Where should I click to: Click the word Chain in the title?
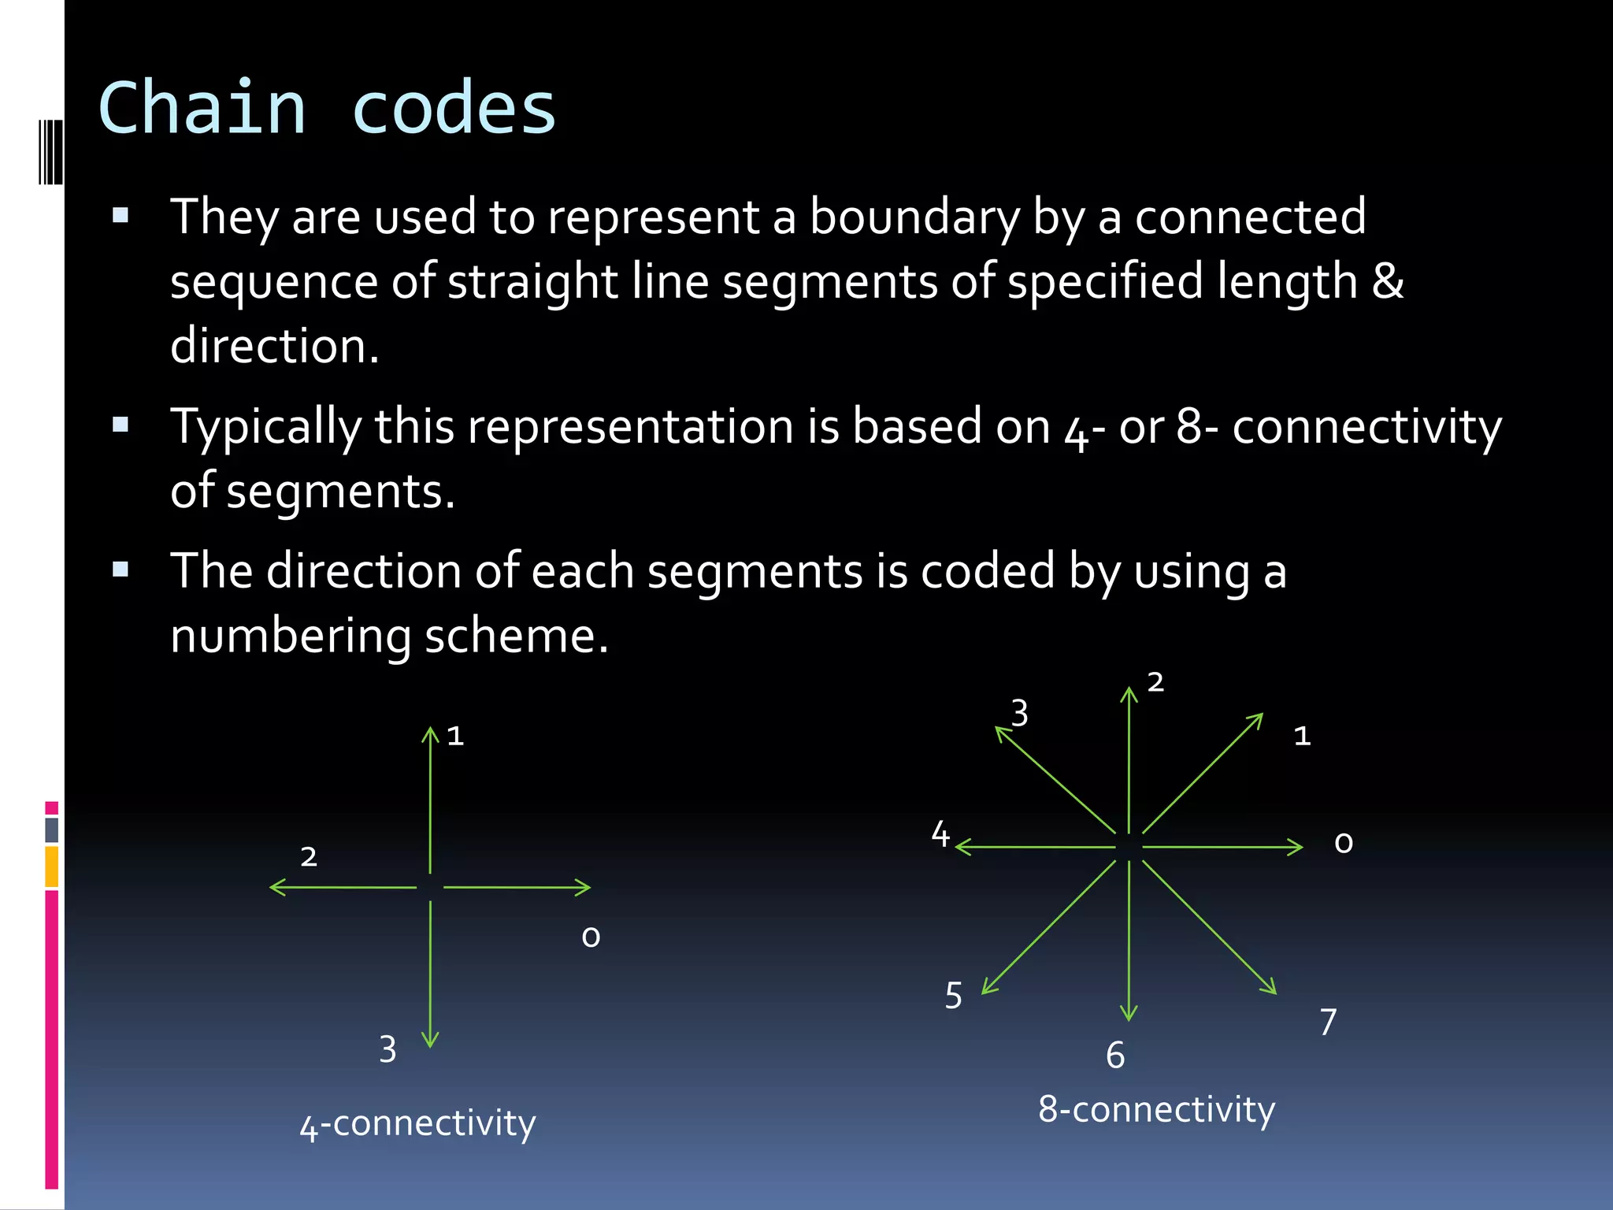[x=202, y=108]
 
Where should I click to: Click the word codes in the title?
[x=454, y=108]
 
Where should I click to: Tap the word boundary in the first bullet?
[x=914, y=217]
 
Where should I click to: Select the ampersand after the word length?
[x=1387, y=281]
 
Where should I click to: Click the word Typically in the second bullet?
[x=265, y=428]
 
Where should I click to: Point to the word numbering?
[x=291, y=636]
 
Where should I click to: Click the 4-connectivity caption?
[x=417, y=1123]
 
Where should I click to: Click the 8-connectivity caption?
[x=1156, y=1109]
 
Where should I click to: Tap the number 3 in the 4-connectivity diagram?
[x=387, y=1049]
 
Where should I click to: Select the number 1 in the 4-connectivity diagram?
[x=455, y=736]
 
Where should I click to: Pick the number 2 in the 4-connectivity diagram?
[x=309, y=856]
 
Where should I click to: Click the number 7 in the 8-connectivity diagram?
[x=1328, y=1023]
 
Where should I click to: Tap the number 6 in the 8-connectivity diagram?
[x=1115, y=1056]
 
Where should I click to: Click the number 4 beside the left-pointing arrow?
[x=940, y=834]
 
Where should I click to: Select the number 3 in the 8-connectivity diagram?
[x=1020, y=714]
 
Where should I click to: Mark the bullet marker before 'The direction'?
[x=121, y=570]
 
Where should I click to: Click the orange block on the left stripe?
[x=52, y=867]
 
